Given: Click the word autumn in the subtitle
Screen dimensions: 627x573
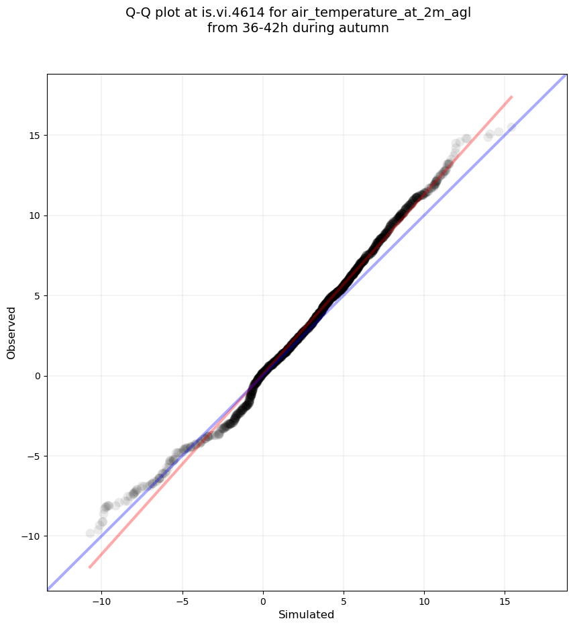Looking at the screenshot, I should (364, 28).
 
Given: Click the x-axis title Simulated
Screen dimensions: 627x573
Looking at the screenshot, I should (306, 614).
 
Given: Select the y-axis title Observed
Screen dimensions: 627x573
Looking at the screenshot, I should (11, 332).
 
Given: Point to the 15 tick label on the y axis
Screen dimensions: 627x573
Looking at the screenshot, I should (34, 136).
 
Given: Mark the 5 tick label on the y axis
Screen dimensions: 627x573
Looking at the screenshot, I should (36, 296).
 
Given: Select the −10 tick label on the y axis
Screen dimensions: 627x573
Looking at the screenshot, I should (30, 536).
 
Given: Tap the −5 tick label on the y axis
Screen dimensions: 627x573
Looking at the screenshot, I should (32, 456).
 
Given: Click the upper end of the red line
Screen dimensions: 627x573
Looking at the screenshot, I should (512, 97).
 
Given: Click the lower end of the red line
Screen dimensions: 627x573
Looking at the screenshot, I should (90, 567).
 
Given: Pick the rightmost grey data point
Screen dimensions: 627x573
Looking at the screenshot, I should (512, 128).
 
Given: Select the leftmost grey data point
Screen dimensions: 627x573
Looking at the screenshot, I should (91, 533).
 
